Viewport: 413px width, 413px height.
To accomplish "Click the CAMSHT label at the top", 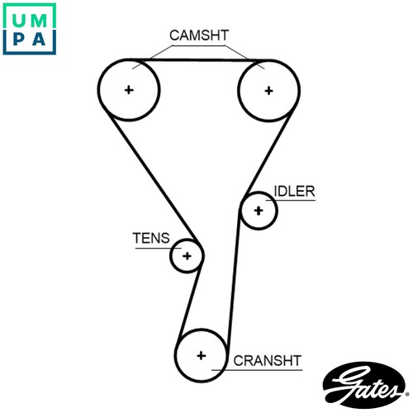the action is (x=199, y=36).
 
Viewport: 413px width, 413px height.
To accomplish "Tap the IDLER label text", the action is (x=295, y=191).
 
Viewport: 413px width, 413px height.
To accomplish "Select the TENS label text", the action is (x=151, y=238).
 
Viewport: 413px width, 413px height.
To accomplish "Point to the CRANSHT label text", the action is (x=267, y=360).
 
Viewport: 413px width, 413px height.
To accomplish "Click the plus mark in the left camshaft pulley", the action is (x=129, y=90).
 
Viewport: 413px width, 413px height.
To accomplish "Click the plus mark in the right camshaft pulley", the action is (x=268, y=91).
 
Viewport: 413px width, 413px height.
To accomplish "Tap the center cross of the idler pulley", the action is (x=259, y=211).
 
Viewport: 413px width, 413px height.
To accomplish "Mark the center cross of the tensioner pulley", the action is (x=187, y=256).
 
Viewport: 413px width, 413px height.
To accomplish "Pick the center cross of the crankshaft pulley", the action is (x=202, y=355).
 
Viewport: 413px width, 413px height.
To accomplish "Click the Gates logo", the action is (x=365, y=385).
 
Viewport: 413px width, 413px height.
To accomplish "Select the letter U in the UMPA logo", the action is (x=19, y=21).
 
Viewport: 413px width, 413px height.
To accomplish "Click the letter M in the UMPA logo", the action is (x=39, y=21).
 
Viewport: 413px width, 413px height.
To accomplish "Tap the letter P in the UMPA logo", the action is (x=19, y=39).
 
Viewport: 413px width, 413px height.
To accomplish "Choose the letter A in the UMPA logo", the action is (x=39, y=39).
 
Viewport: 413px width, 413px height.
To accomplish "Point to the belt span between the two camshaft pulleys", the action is (x=199, y=59).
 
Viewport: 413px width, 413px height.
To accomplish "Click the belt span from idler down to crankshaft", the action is (x=234, y=278).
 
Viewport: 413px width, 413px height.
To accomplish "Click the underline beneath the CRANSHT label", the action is (x=257, y=370).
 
